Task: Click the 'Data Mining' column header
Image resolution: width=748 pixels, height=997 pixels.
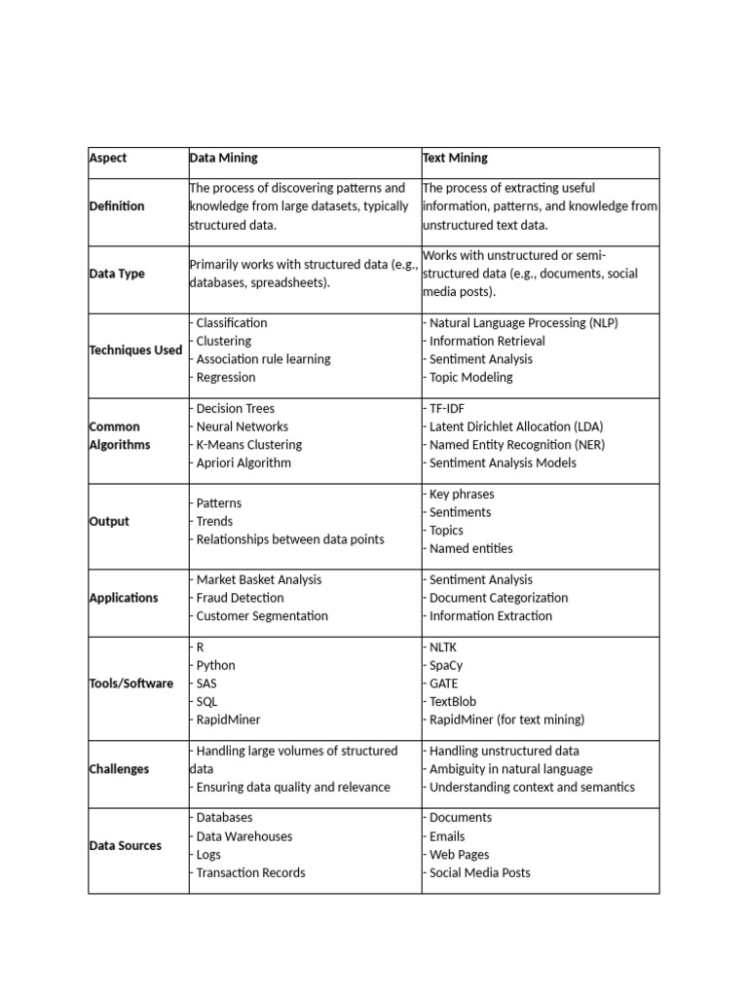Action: coord(223,158)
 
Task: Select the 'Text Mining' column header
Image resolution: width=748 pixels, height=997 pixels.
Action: coord(455,158)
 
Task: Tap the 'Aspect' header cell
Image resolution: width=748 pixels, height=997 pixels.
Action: coord(108,158)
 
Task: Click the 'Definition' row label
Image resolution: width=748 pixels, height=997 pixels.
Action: coord(117,206)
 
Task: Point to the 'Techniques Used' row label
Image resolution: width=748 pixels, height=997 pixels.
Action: coord(135,351)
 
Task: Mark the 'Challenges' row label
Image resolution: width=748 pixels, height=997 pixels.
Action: coord(119,769)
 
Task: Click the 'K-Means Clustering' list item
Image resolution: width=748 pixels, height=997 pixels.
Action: coord(248,445)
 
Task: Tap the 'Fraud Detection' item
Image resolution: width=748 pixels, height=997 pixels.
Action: coord(239,598)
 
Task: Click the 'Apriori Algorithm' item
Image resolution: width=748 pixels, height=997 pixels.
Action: coord(243,463)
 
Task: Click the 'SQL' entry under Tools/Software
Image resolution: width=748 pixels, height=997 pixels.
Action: coord(206,702)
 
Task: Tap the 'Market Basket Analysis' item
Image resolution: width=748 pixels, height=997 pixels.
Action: coord(258,579)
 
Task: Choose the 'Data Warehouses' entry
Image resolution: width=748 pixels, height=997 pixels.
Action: coord(243,836)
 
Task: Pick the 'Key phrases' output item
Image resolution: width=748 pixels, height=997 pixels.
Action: coord(461,494)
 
